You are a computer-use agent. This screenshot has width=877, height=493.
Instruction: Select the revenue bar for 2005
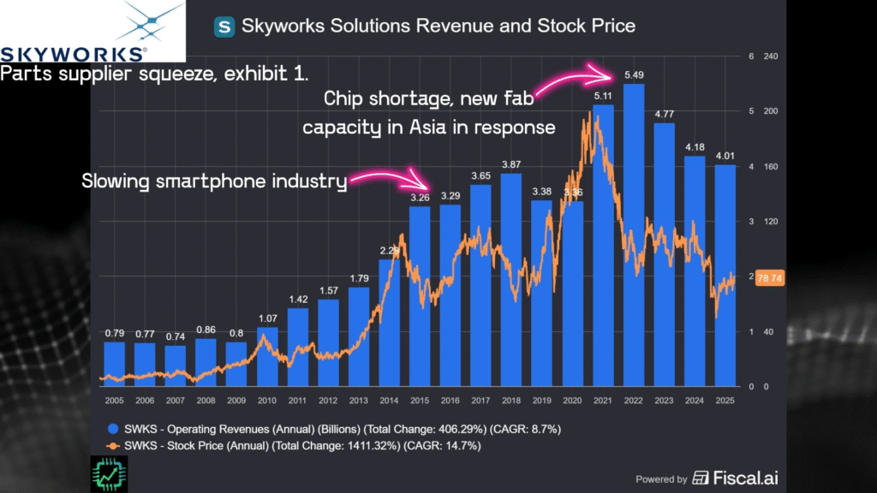(x=114, y=364)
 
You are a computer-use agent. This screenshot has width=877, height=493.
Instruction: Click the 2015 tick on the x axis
(x=420, y=400)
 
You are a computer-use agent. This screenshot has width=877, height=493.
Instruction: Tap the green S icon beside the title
(x=224, y=26)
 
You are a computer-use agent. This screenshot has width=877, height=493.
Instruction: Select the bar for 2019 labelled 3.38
(x=542, y=291)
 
